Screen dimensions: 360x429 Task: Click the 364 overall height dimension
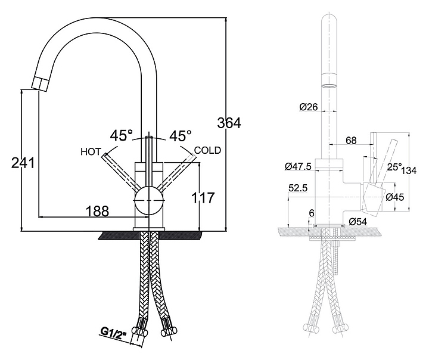(x=229, y=123)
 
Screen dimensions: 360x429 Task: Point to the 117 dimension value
(x=202, y=198)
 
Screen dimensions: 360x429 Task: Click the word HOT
(x=91, y=151)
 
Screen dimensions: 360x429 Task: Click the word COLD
(x=207, y=150)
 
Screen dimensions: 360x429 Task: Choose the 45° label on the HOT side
(x=121, y=136)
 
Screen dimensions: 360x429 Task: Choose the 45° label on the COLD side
(x=180, y=136)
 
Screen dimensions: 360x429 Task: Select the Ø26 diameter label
(x=309, y=107)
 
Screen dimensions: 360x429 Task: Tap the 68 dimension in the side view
(x=351, y=141)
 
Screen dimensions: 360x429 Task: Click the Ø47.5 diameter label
(x=299, y=165)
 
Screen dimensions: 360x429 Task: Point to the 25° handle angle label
(x=394, y=167)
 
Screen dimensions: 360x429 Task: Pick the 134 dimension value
(x=409, y=171)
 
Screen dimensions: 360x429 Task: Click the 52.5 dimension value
(x=297, y=188)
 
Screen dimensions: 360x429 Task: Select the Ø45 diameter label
(x=395, y=197)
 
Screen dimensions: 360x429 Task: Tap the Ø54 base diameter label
(x=357, y=222)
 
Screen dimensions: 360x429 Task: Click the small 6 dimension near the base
(x=311, y=213)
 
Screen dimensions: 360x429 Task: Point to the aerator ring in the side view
(x=328, y=83)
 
